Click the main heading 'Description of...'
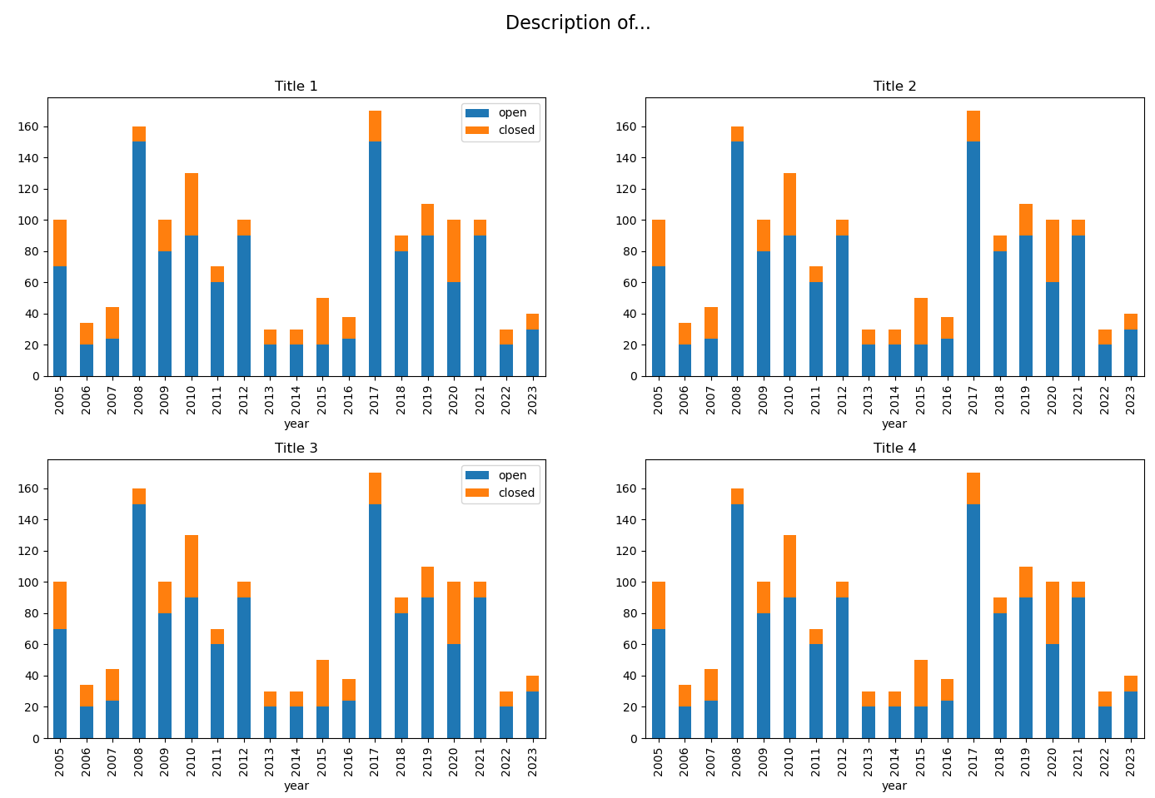point(577,23)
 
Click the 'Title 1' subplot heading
point(296,87)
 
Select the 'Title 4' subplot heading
point(894,449)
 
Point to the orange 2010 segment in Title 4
point(789,566)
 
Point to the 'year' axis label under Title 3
point(296,786)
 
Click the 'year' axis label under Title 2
point(894,424)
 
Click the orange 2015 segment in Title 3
point(322,683)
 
